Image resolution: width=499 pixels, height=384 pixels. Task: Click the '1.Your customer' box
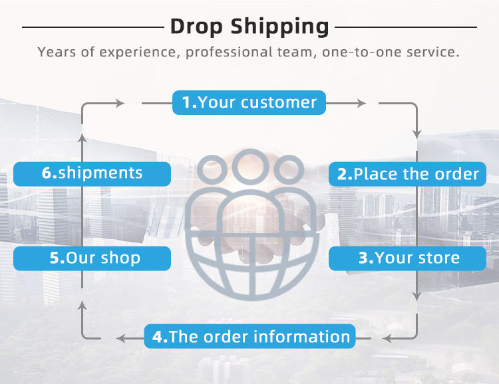(249, 102)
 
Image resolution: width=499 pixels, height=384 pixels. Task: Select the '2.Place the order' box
(408, 174)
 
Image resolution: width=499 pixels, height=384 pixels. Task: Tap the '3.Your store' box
(408, 258)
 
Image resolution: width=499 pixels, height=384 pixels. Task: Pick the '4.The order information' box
(250, 336)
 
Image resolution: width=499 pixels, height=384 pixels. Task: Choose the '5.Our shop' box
(92, 258)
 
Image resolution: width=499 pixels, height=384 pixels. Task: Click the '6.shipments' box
(92, 173)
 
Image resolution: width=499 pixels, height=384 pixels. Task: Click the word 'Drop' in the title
(196, 27)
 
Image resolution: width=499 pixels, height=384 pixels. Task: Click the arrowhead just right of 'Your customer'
(362, 103)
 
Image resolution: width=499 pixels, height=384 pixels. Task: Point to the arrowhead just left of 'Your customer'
(120, 103)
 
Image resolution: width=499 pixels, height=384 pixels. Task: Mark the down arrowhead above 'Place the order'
(417, 134)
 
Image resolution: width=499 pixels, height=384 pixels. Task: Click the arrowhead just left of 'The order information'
(121, 337)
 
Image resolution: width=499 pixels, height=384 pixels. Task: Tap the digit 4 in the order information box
(160, 337)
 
